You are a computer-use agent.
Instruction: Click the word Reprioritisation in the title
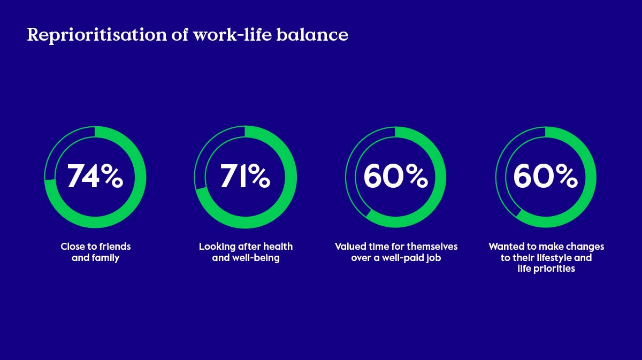click(97, 35)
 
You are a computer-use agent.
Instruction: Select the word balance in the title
click(312, 34)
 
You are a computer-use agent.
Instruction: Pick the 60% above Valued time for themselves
click(396, 176)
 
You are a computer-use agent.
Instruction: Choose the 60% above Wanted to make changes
click(545, 176)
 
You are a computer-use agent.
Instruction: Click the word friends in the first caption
click(115, 247)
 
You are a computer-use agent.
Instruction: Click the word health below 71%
click(278, 247)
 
